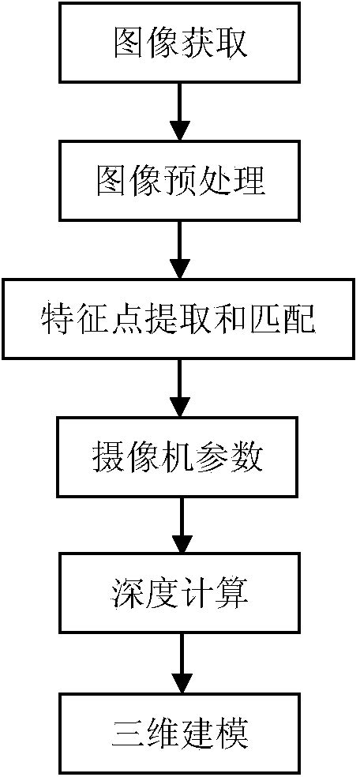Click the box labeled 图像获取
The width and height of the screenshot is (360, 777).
[181, 44]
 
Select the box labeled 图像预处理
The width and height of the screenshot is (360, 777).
[181, 181]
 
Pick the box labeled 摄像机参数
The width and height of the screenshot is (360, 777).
[181, 456]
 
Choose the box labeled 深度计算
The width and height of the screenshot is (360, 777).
[181, 594]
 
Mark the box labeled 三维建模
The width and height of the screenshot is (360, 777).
[181, 733]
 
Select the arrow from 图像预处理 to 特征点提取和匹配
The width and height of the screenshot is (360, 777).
[181, 250]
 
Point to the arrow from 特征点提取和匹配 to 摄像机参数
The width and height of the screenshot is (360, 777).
[181, 387]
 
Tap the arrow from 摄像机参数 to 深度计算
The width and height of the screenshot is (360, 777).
[181, 525]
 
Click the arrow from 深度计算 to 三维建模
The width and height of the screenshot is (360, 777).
[181, 663]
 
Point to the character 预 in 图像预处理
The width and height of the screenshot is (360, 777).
[181, 181]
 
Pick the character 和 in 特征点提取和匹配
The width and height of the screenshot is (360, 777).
[231, 319]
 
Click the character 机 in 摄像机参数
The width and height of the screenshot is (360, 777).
[181, 457]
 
